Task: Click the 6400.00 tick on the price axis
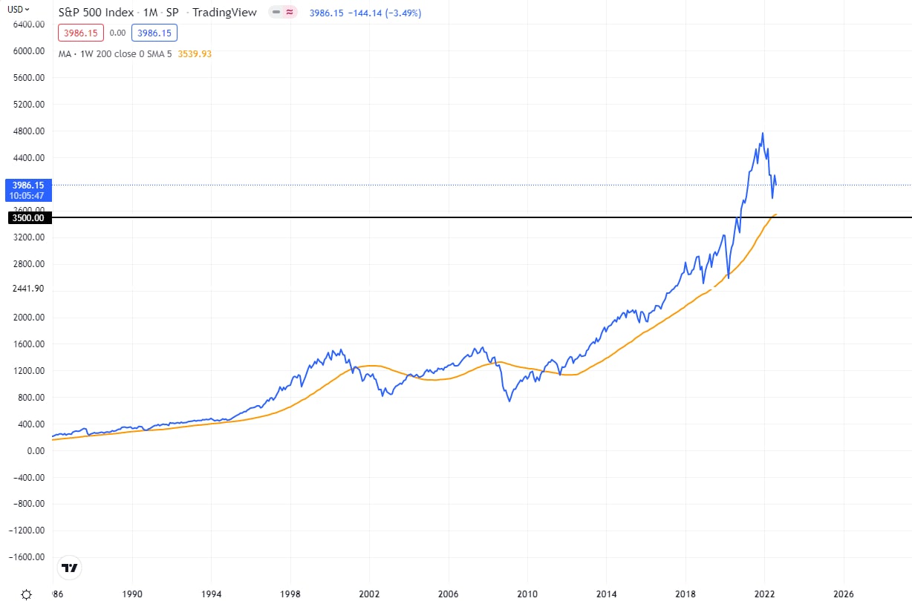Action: tap(28, 24)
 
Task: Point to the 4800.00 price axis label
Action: tap(28, 131)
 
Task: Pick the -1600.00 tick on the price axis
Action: tap(27, 557)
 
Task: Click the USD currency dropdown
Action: tap(19, 10)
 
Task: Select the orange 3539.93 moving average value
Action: tap(195, 53)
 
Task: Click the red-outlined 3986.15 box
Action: tap(81, 33)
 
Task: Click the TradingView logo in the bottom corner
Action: tap(70, 568)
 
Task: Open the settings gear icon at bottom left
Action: tap(27, 594)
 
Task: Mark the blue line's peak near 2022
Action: tap(763, 133)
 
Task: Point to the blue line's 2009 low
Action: tap(509, 401)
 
